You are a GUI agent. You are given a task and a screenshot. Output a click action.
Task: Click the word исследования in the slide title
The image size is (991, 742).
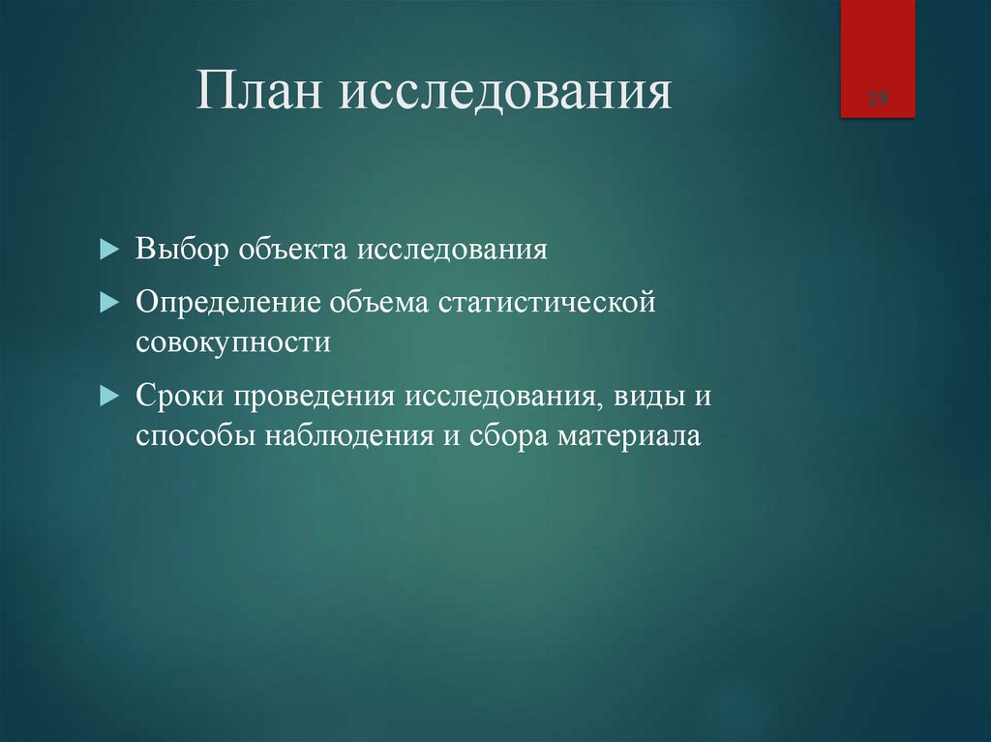[504, 95]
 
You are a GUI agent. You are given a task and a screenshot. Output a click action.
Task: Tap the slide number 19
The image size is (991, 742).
[878, 98]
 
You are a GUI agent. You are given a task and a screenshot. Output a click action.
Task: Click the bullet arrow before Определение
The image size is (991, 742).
[108, 303]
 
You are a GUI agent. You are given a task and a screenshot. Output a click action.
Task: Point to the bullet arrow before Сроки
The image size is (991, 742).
[108, 397]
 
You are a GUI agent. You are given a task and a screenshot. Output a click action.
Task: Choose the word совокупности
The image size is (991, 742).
[233, 342]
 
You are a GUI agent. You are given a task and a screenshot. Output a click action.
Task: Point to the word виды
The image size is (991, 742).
[649, 397]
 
